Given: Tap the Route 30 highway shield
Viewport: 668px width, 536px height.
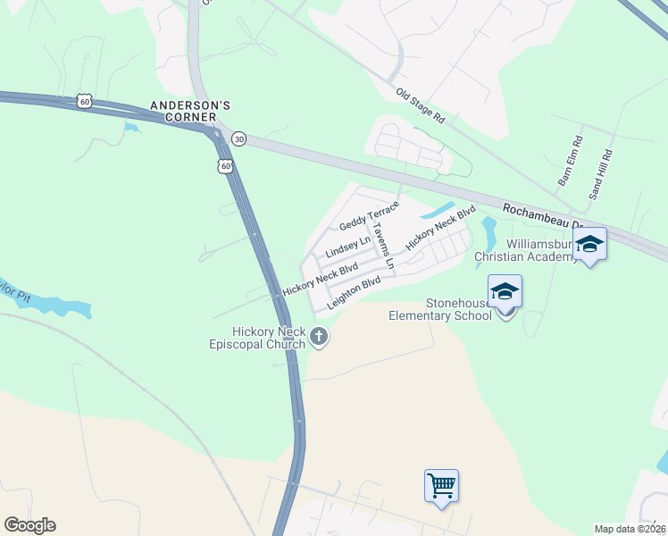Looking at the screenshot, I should (238, 138).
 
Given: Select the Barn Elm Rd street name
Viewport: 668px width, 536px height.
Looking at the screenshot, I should (570, 161).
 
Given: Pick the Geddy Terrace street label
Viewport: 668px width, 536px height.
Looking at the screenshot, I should (369, 214).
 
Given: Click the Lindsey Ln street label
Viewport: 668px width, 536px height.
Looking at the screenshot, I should (347, 247).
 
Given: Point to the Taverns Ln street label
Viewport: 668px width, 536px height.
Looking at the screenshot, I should (383, 244).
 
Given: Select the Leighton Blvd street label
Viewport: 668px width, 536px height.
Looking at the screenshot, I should (354, 293).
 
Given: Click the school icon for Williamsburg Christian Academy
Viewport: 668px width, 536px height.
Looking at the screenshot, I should (590, 244).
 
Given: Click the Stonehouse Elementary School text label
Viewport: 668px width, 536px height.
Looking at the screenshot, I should (439, 309).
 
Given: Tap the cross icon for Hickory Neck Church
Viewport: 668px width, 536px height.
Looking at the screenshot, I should (319, 337).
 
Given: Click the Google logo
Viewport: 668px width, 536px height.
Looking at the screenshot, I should (29, 525).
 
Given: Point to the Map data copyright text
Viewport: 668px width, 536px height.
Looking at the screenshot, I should (630, 529).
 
